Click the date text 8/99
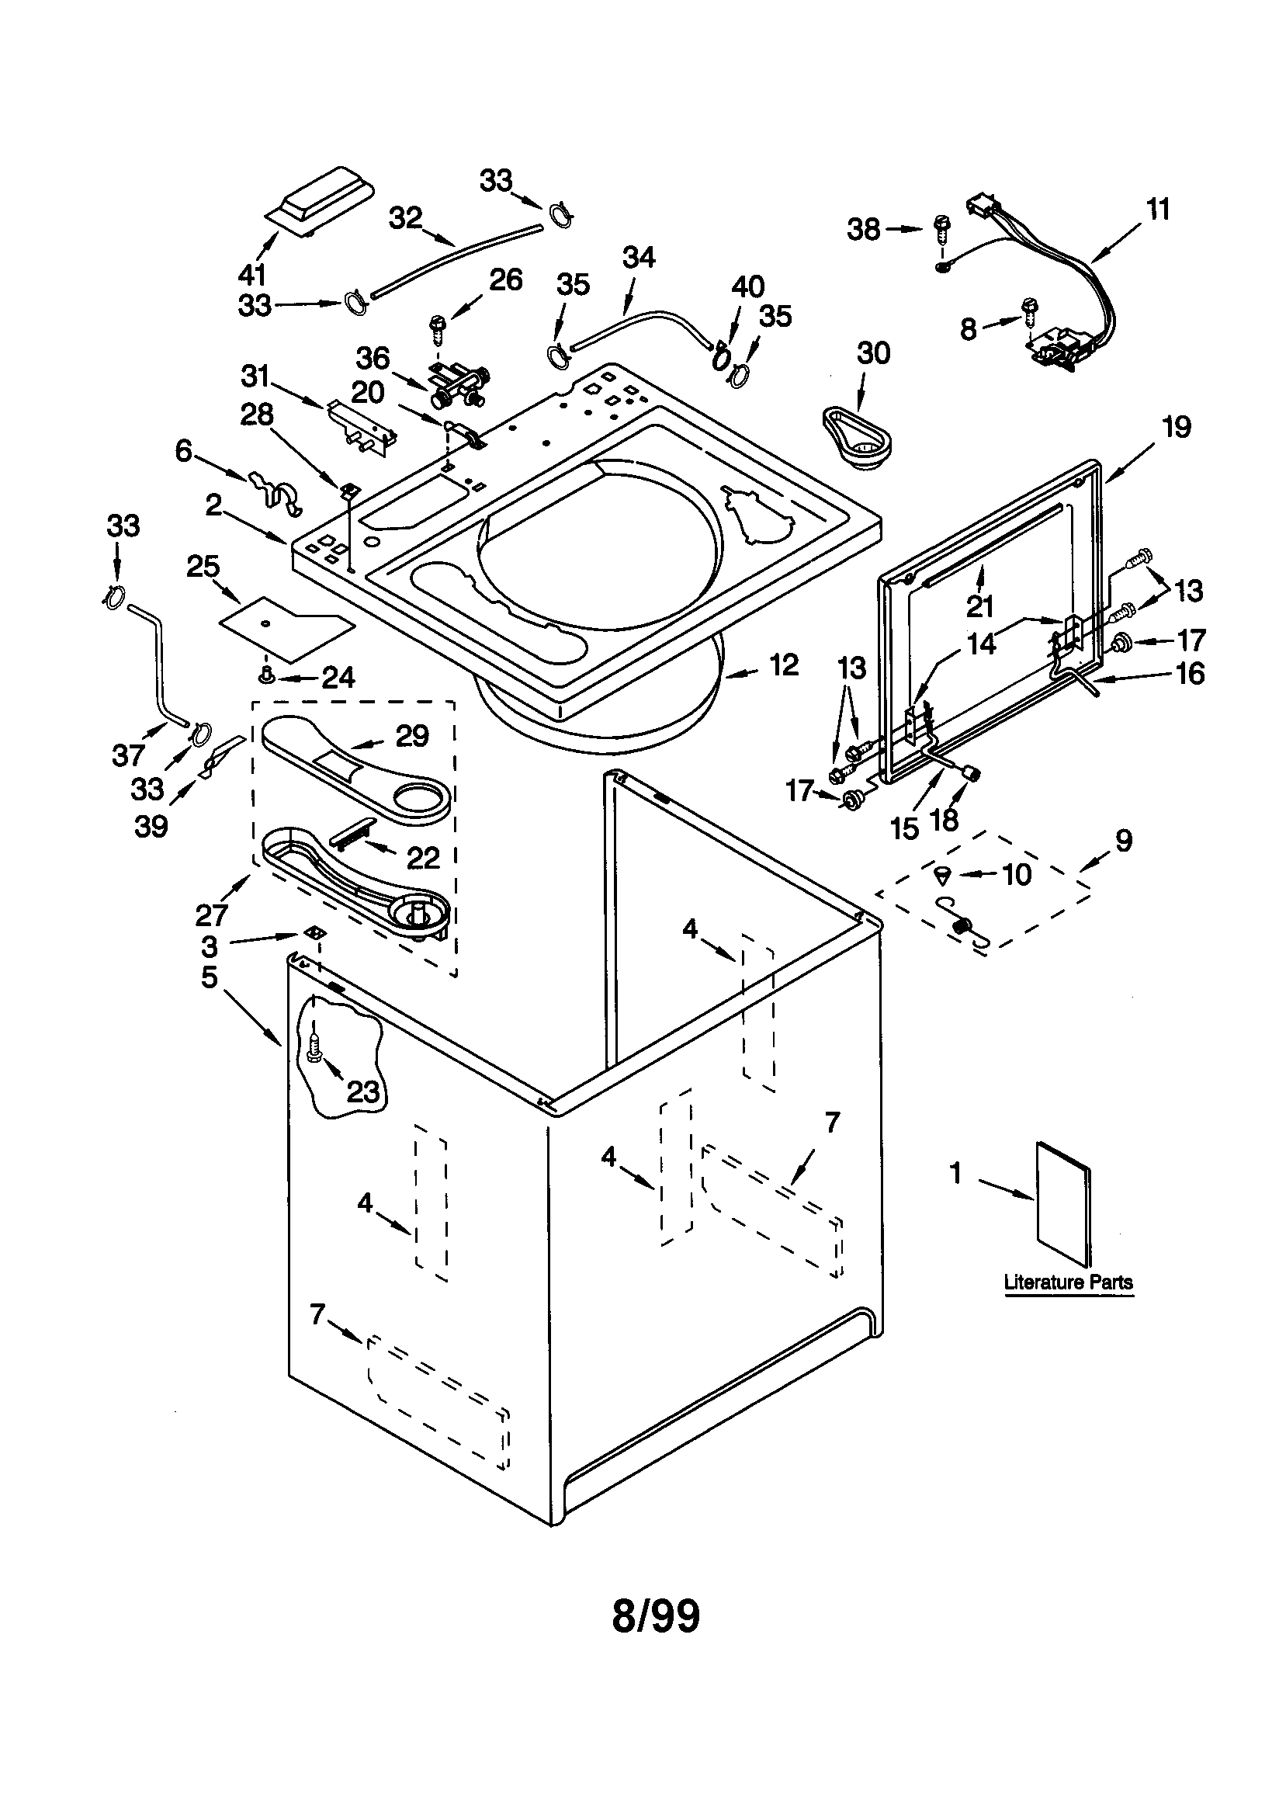pos(655,1615)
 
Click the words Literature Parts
pos(1068,1282)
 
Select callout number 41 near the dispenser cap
pos(252,274)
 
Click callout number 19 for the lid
pos(1177,427)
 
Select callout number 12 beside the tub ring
pos(783,665)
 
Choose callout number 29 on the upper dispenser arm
pos(412,736)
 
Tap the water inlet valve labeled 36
pos(457,386)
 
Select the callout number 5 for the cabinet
pos(210,977)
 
